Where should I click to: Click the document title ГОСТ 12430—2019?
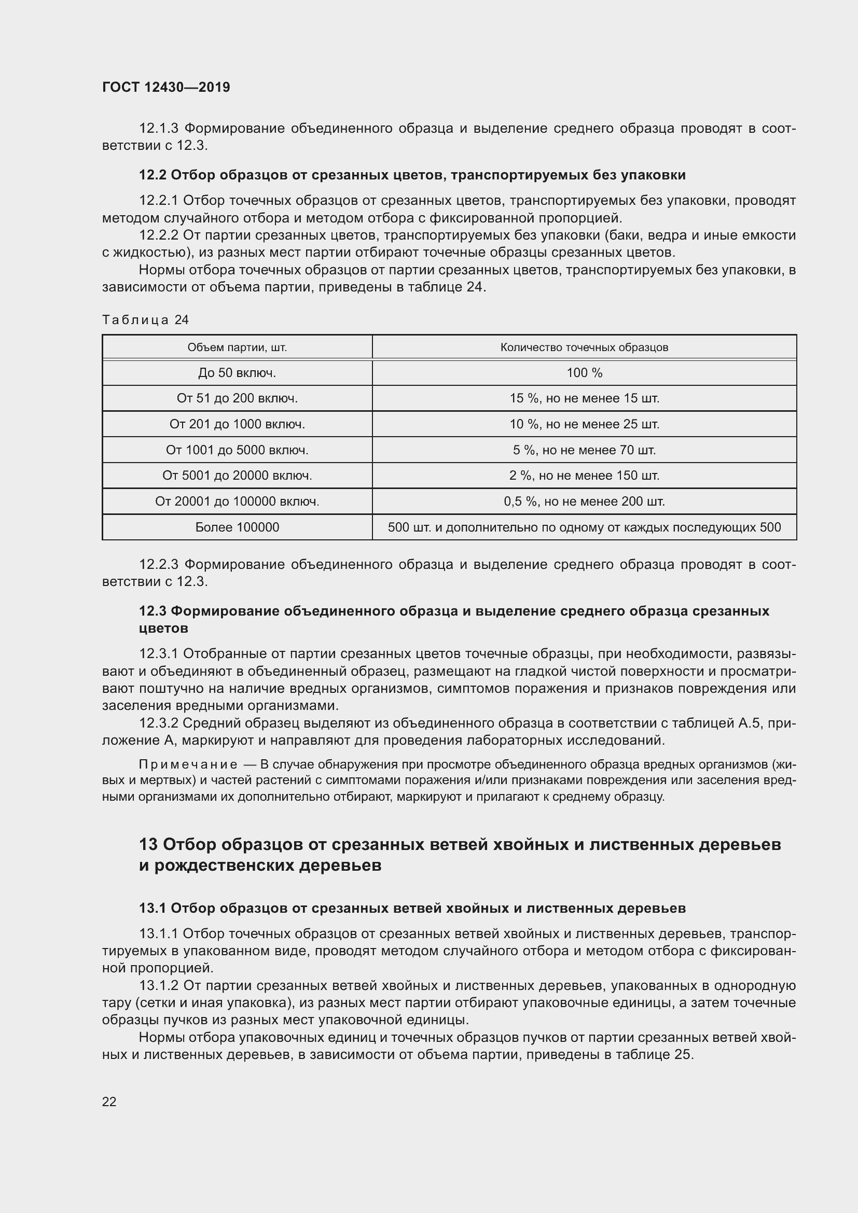tap(166, 87)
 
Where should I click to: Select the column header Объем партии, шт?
tap(237, 347)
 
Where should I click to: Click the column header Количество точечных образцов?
tap(584, 347)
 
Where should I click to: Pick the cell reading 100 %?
tap(584, 373)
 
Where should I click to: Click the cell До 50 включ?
tap(237, 373)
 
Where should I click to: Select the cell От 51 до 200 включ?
tap(237, 398)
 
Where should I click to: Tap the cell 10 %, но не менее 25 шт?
tap(584, 424)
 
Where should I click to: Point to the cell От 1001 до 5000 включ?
tap(237, 450)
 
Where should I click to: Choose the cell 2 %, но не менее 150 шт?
tap(584, 476)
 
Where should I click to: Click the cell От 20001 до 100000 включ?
tap(237, 501)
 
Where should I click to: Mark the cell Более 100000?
tap(237, 527)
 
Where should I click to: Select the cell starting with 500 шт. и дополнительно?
tap(584, 527)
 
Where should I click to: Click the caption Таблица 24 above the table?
tap(145, 319)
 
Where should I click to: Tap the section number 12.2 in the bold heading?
tap(153, 175)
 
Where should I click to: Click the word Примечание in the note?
tap(188, 764)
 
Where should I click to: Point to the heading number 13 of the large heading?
tap(148, 844)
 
